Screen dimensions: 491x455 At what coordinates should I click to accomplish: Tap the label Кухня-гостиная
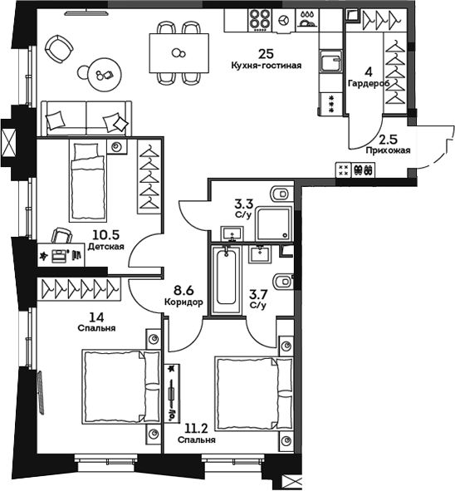point(267,64)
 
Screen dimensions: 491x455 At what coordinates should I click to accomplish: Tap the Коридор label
point(183,303)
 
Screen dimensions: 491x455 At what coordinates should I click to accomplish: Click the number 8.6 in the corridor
point(183,292)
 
